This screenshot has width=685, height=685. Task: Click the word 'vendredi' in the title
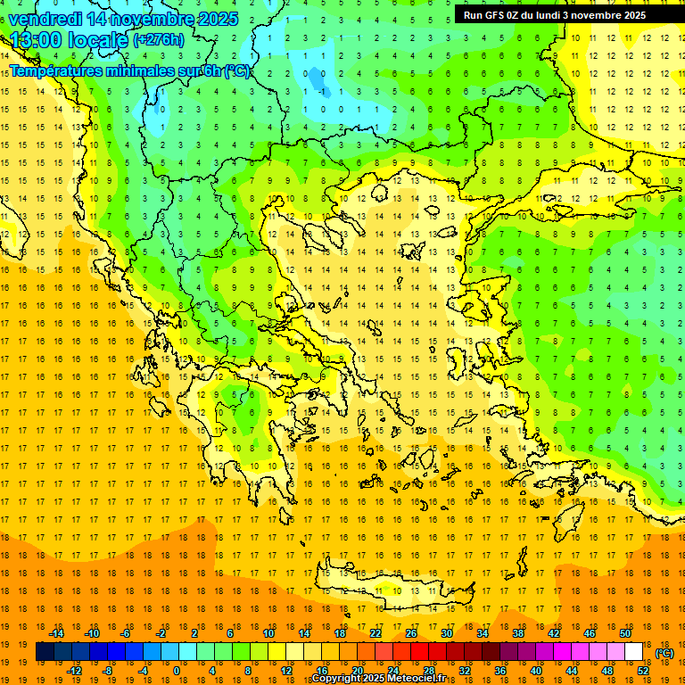point(45,18)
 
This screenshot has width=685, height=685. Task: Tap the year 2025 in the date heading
point(217,18)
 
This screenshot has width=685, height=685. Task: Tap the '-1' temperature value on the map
point(320,90)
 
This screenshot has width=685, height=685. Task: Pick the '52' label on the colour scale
point(643,670)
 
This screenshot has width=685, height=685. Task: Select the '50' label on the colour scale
point(625,632)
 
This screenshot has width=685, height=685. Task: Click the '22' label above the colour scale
point(376,632)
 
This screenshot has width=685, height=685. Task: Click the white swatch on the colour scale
point(634,651)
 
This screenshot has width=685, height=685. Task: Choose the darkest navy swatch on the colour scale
point(45,651)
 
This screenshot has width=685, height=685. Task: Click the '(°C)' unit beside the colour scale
point(664,652)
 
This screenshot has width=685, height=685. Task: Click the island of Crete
point(392,589)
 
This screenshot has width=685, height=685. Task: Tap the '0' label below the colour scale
point(177,670)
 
